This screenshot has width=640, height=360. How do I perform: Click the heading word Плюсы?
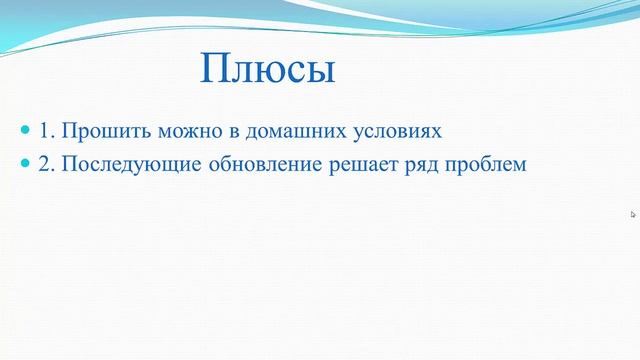267,70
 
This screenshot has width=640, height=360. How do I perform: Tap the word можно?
172,131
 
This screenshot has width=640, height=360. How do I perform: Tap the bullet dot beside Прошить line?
26,131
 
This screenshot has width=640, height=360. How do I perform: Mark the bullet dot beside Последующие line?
26,164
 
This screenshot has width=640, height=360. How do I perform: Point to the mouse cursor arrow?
633,213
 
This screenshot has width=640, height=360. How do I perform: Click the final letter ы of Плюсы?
318,72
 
